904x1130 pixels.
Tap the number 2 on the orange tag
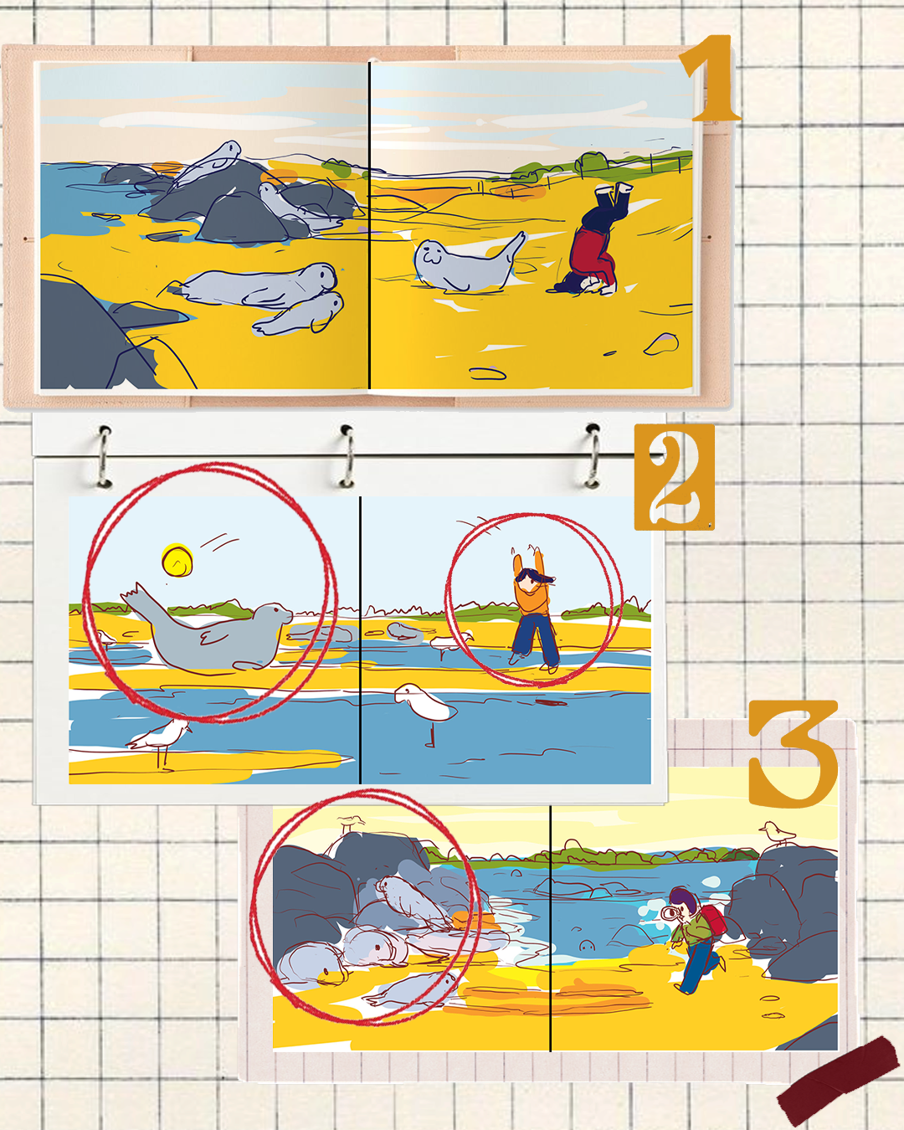675,476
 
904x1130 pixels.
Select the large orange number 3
794,753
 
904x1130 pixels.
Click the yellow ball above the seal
177,560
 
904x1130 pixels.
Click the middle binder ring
347,456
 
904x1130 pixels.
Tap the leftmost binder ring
105,457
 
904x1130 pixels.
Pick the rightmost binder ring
593,456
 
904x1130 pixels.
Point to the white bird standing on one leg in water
424,707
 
